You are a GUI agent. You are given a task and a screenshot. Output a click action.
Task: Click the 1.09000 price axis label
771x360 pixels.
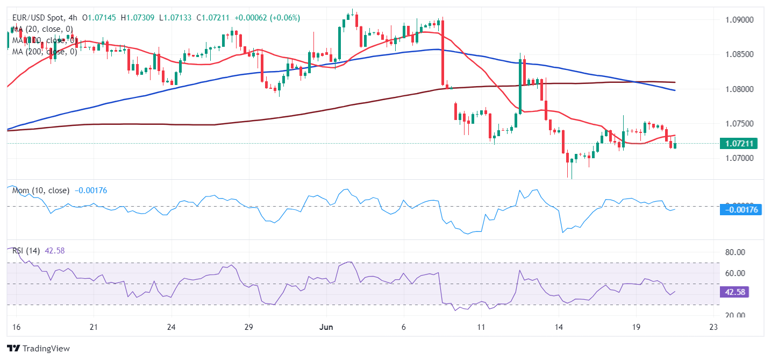pyautogui.click(x=739, y=20)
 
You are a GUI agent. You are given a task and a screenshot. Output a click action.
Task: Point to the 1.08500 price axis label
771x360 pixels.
pyautogui.click(x=739, y=54)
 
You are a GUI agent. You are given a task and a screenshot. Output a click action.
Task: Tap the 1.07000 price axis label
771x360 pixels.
pyautogui.click(x=739, y=158)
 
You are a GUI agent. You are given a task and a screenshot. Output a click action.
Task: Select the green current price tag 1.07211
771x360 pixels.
pyautogui.click(x=741, y=144)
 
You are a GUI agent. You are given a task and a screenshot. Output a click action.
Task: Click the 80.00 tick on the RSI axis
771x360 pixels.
pyautogui.click(x=734, y=252)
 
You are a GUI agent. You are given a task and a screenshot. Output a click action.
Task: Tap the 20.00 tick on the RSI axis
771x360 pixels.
pyautogui.click(x=734, y=315)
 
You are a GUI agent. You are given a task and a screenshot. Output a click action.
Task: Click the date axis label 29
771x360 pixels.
pyautogui.click(x=248, y=327)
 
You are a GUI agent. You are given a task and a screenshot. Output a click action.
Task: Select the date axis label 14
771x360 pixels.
pyautogui.click(x=559, y=327)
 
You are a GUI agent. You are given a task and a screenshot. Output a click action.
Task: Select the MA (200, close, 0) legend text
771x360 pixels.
pyautogui.click(x=45, y=52)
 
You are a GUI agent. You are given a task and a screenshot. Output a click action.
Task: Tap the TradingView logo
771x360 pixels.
pyautogui.click(x=38, y=349)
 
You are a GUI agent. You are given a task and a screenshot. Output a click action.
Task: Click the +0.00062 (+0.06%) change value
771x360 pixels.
pyautogui.click(x=267, y=18)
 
